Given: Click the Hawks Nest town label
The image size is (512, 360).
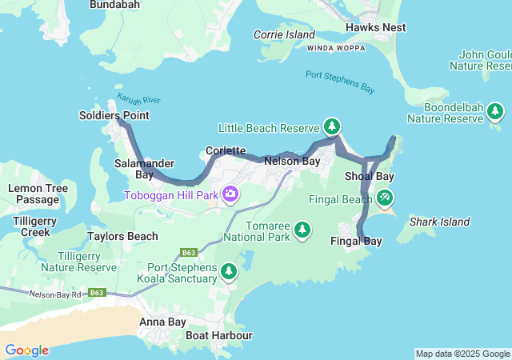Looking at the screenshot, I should tap(375, 27).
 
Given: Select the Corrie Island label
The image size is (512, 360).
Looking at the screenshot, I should tap(284, 34).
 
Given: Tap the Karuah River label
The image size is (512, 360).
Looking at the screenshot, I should tap(139, 100).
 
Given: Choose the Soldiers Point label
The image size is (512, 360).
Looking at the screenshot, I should tap(114, 115).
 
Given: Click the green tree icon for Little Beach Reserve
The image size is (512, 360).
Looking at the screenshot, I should tap(332, 126).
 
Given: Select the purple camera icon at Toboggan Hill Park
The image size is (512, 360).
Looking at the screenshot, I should tap(230, 194).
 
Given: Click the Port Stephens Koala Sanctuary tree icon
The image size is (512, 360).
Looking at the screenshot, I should tap(230, 272).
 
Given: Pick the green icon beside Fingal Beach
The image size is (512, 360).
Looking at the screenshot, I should tap(385, 196).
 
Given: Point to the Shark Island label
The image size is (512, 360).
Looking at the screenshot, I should tap(439, 222).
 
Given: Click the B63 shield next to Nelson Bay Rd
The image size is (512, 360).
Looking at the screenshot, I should tap(97, 293).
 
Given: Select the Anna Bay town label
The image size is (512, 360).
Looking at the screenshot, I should tap(162, 322).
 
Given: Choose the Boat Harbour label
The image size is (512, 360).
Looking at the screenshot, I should tap(218, 335).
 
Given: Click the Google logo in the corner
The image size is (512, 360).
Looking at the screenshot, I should tap(26, 350).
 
